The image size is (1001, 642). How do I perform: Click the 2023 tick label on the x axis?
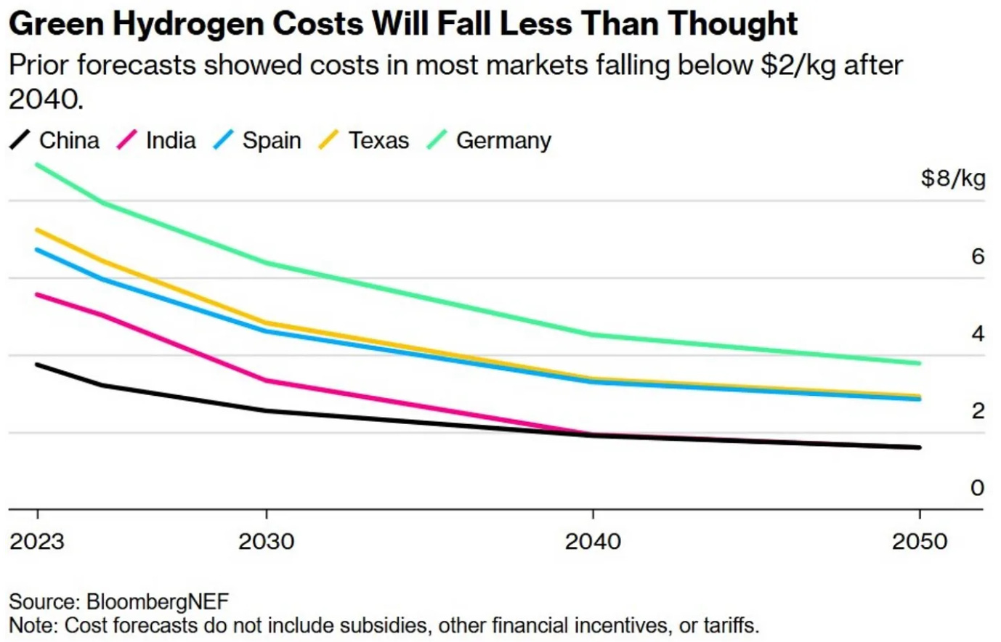[37, 542]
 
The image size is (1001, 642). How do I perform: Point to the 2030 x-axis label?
[267, 542]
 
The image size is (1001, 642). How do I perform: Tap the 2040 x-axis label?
[593, 542]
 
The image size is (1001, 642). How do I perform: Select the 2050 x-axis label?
[920, 542]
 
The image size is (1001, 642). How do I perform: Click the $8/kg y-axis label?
[952, 178]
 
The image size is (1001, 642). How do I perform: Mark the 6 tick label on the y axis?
[977, 256]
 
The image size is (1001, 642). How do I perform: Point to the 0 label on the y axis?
[977, 487]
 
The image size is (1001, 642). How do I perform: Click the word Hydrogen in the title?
[194, 24]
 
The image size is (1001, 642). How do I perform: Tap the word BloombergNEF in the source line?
[158, 602]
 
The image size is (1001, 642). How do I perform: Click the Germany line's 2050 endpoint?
[919, 363]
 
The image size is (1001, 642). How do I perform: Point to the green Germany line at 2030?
[267, 263]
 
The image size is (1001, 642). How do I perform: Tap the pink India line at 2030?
[267, 381]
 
